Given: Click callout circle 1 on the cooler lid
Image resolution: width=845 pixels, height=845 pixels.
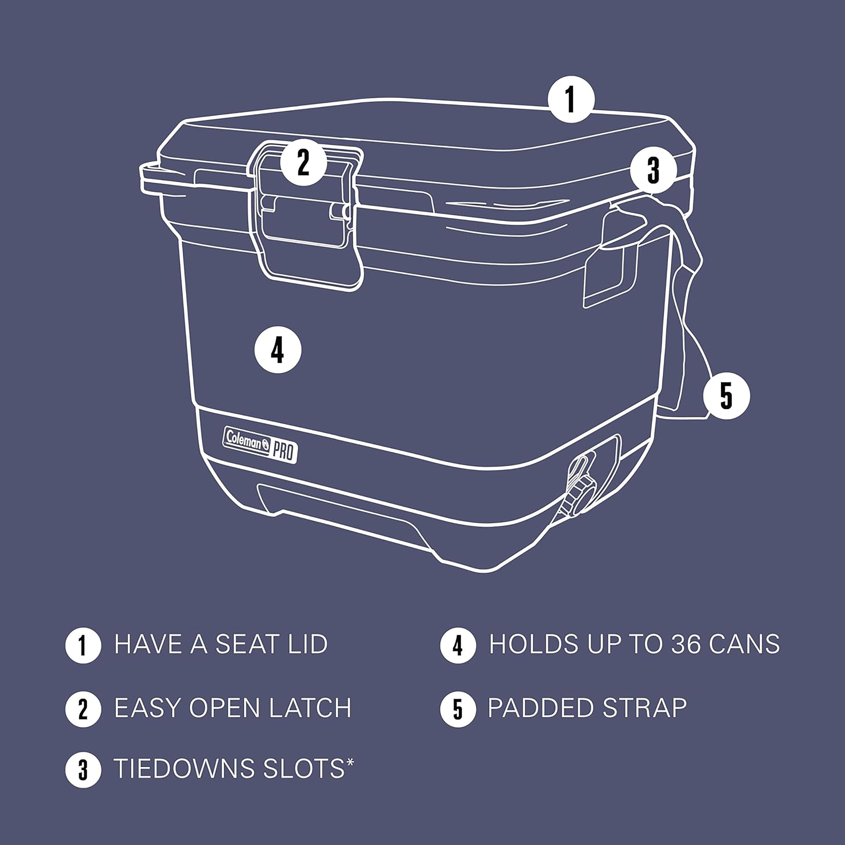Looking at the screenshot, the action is [x=571, y=99].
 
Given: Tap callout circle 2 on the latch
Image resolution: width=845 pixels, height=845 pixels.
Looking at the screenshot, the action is [x=303, y=162].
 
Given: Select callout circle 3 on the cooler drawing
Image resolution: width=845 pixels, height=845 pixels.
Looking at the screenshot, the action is [x=653, y=170].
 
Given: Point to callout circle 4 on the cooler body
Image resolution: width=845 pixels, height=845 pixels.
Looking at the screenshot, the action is [x=278, y=350].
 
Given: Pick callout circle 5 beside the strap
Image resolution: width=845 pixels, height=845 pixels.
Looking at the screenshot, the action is [x=726, y=396].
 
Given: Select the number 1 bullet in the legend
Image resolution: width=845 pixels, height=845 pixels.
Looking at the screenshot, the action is [x=83, y=646].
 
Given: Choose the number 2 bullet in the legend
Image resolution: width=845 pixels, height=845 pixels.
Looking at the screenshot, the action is [x=83, y=709].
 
